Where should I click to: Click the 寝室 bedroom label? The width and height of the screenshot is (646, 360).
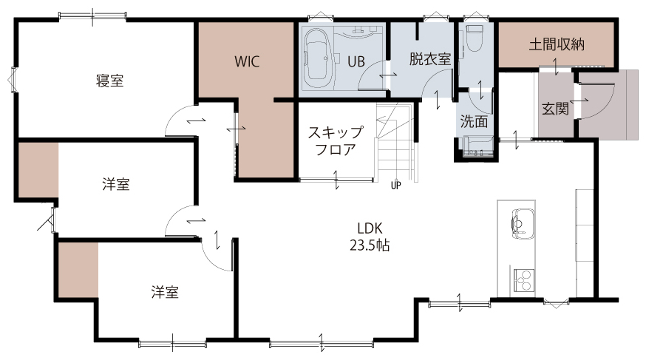(109, 81)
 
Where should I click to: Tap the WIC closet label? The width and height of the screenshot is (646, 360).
(247, 62)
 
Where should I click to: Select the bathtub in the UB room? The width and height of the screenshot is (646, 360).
(318, 58)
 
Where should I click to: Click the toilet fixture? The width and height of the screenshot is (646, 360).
(475, 38)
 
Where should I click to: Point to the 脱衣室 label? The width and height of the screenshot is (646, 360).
(429, 59)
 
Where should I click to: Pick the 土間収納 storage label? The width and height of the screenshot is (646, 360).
(557, 44)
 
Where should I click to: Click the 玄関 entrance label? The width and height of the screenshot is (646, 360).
(555, 109)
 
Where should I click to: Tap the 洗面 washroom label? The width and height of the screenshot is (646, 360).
(474, 121)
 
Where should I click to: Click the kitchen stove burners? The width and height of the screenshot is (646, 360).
(523, 280)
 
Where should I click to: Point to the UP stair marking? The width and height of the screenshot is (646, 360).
(395, 186)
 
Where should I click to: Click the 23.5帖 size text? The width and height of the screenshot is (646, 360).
(370, 245)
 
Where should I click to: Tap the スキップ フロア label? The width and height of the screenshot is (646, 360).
(336, 141)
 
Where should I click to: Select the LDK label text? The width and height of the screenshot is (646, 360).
(370, 228)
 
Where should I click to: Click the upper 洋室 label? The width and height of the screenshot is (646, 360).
(116, 184)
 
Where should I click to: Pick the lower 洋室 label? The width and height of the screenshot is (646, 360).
(164, 292)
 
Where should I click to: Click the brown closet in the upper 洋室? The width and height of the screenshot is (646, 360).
(38, 170)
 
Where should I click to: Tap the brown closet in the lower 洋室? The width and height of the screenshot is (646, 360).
(78, 270)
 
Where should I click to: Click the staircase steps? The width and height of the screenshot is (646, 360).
(395, 144)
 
